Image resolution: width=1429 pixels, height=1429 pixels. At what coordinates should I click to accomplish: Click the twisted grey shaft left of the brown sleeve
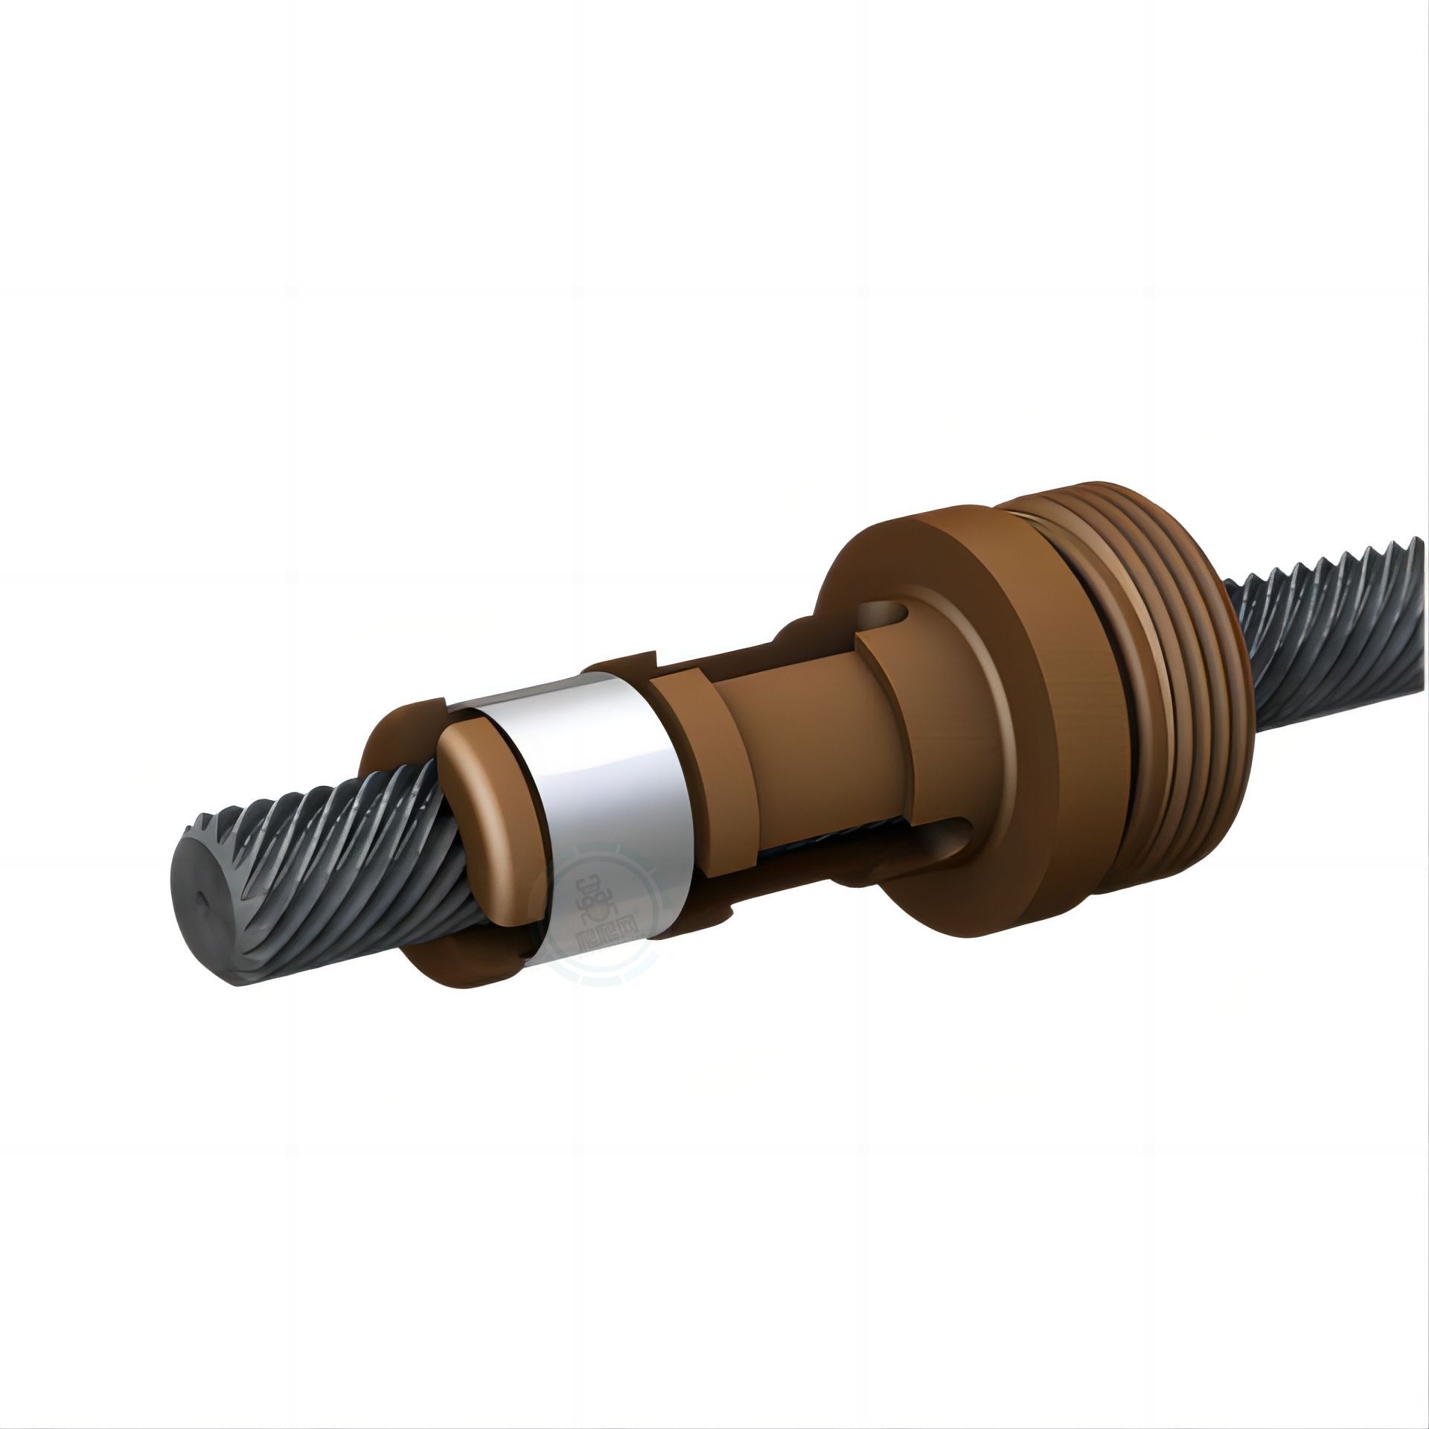tap(313, 871)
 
